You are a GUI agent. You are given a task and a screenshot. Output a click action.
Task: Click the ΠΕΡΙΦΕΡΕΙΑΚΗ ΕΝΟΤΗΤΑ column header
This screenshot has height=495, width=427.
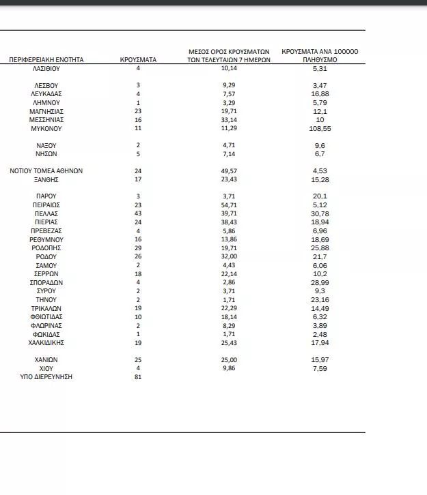(46, 59)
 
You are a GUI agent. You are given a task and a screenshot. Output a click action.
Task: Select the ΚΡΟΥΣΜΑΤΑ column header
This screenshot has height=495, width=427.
(138, 59)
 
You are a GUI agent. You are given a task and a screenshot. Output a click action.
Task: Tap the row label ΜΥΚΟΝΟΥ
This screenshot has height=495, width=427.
(46, 127)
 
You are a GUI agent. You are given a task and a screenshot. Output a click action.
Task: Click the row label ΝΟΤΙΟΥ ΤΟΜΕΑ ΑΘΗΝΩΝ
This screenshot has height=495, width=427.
(46, 170)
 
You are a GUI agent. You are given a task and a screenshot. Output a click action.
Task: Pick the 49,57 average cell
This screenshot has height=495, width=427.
(230, 170)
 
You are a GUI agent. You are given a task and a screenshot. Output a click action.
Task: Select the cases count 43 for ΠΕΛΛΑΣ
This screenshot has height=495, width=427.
(138, 213)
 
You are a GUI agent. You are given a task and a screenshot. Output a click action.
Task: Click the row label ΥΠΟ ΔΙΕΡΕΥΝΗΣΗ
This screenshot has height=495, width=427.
(46, 377)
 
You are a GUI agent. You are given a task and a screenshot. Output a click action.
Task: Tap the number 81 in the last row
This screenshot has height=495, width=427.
(138, 377)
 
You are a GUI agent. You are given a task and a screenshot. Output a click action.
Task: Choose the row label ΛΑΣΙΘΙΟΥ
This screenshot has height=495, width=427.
(46, 69)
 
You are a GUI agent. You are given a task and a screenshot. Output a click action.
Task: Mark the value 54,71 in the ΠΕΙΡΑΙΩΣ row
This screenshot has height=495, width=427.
(230, 205)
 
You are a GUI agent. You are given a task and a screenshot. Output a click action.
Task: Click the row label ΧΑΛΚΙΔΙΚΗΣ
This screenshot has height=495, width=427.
(46, 343)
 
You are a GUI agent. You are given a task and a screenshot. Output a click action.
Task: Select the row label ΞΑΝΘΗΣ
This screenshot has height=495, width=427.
(46, 179)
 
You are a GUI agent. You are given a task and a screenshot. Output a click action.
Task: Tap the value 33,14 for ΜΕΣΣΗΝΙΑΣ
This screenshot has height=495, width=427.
(230, 119)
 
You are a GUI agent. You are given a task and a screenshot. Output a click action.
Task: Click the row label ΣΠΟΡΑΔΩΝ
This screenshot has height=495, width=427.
(46, 282)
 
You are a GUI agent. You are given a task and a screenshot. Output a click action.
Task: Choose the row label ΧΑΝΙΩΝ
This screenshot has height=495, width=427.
(46, 359)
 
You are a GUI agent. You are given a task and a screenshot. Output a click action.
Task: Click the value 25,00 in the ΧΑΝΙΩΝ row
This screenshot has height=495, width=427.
(230, 359)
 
